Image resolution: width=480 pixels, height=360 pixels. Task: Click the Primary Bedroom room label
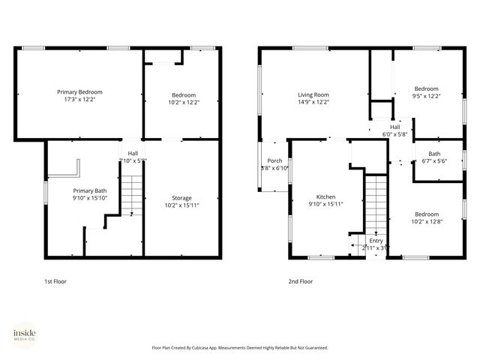click(x=80, y=91)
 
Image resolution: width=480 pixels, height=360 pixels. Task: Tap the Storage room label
click(x=182, y=198)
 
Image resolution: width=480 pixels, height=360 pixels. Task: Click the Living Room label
click(x=313, y=94)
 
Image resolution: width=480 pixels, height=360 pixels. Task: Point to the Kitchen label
click(x=326, y=196)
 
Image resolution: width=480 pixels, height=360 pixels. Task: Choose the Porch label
click(x=274, y=160)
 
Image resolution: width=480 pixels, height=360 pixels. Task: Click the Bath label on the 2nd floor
click(x=434, y=153)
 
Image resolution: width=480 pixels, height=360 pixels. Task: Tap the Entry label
click(x=375, y=240)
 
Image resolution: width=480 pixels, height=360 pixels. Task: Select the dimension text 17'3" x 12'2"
click(x=80, y=99)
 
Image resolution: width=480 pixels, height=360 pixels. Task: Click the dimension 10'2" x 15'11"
click(x=182, y=205)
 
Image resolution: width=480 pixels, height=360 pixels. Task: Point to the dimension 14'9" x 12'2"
click(x=313, y=102)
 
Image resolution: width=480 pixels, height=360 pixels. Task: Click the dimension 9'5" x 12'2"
click(x=427, y=95)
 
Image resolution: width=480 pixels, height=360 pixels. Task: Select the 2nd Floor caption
click(x=301, y=281)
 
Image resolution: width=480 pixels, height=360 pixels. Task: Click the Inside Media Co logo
click(x=25, y=334)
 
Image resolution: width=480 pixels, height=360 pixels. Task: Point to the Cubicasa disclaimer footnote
click(x=240, y=347)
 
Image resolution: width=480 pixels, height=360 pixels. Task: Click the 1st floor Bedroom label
click(x=183, y=94)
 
